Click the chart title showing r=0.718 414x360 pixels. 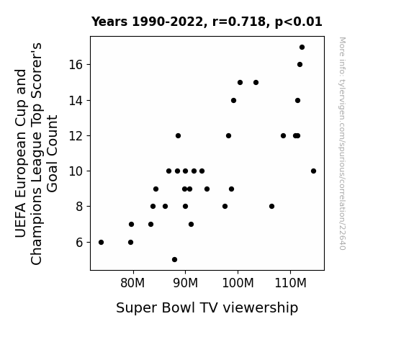207,22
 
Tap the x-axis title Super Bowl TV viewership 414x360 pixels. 207,308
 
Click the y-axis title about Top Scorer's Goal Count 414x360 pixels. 36,153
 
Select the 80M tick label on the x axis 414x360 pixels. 132,283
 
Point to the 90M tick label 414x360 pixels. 185,283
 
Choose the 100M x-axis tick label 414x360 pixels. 238,283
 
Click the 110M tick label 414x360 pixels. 290,283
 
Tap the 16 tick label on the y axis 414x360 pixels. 76,65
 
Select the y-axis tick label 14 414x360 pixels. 76,101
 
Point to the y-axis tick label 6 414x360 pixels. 79,242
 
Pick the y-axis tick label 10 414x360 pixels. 76,171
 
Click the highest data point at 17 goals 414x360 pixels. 302,48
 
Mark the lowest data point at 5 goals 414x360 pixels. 174,260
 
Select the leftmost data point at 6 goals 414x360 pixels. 101,242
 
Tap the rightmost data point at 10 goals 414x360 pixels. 313,171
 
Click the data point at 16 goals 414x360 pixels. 300,65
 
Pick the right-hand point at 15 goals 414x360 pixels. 256,82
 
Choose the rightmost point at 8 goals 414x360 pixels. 271,207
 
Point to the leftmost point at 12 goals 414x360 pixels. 179,136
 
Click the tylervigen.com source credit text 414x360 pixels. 342,143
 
